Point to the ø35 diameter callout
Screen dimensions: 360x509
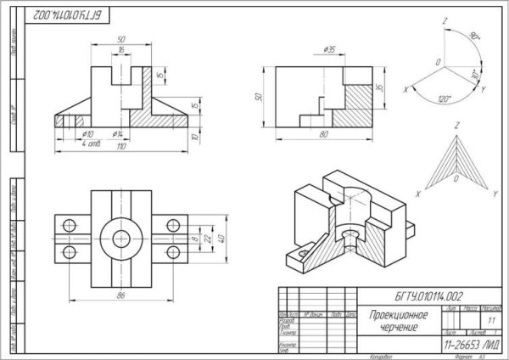330,49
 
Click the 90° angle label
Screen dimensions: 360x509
473,37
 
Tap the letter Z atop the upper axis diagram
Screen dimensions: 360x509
445,19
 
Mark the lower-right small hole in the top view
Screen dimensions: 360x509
173,252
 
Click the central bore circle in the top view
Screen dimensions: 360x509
119,239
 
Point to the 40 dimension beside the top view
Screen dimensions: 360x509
221,239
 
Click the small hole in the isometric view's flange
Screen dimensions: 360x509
302,252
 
